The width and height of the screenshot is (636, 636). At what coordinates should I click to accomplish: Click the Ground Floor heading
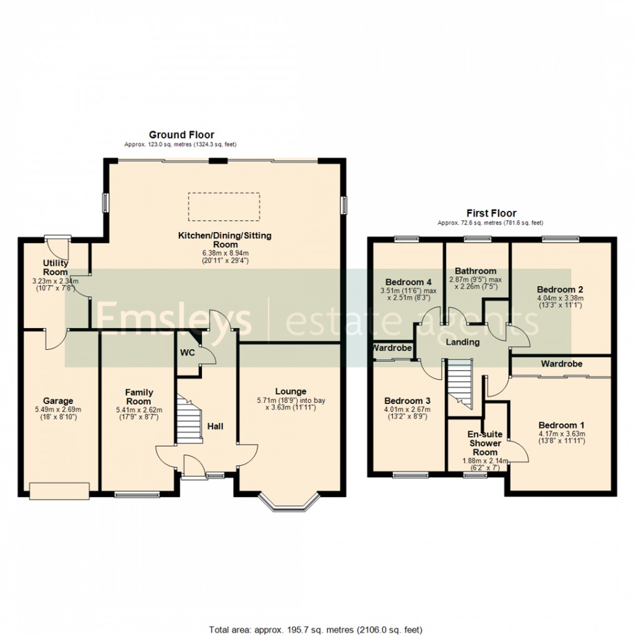[181, 135]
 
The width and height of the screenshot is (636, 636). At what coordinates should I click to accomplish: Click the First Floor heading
[492, 213]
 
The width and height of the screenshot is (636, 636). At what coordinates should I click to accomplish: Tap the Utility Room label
[55, 267]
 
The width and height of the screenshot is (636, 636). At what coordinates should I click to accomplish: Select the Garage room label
[58, 401]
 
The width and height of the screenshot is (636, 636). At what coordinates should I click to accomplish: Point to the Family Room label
[138, 397]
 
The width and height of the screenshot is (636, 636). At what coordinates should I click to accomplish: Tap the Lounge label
[291, 392]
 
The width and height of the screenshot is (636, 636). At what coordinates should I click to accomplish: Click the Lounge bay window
[289, 503]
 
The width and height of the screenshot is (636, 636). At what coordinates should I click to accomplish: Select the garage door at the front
[59, 491]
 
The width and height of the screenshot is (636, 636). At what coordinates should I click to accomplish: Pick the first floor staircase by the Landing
[461, 383]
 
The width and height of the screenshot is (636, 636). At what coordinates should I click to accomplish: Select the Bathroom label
[476, 271]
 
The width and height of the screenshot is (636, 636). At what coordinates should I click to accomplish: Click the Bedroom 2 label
[560, 290]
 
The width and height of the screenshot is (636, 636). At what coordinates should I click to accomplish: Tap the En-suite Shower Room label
[484, 443]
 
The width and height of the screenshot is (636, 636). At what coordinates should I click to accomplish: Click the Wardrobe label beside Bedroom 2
[561, 364]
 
